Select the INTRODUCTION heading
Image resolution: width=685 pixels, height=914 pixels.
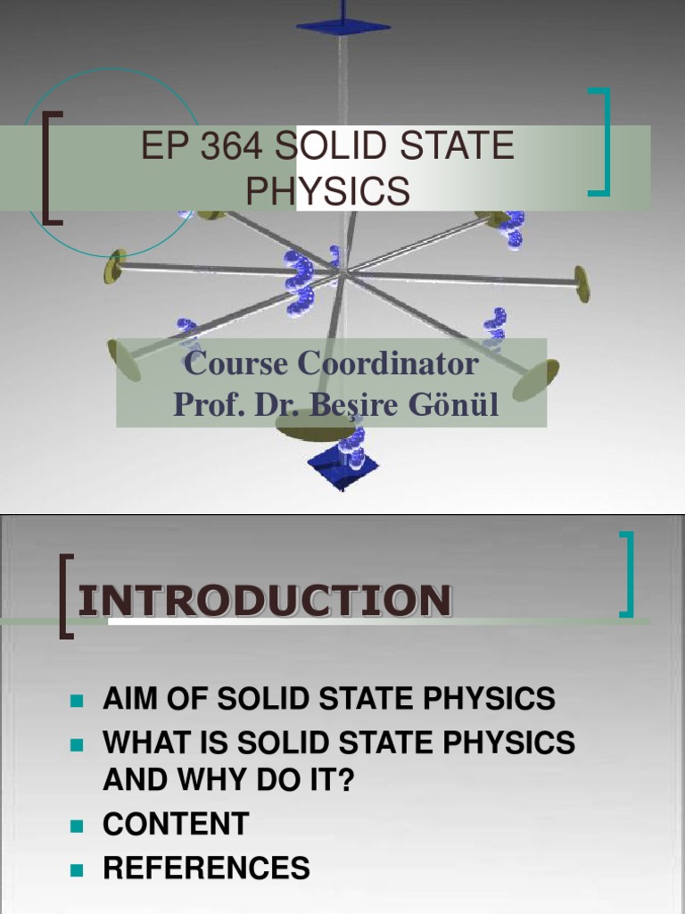click(265, 601)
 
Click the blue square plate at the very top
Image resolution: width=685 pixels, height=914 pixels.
click(343, 25)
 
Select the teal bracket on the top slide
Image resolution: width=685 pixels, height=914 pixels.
click(602, 141)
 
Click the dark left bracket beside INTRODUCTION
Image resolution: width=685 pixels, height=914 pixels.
click(65, 594)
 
